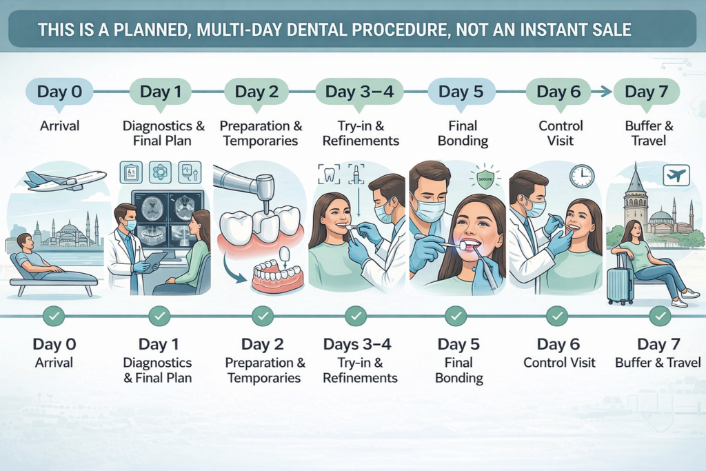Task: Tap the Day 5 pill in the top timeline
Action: (461, 92)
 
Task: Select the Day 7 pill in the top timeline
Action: (646, 92)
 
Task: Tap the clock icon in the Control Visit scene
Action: (581, 176)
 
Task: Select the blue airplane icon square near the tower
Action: (676, 175)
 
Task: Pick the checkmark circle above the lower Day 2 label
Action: (262, 317)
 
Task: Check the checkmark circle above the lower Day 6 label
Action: (556, 317)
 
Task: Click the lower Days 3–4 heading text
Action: (360, 344)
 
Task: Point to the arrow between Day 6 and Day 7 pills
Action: (601, 92)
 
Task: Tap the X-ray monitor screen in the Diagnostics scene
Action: (168, 219)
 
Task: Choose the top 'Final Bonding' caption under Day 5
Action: (462, 134)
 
